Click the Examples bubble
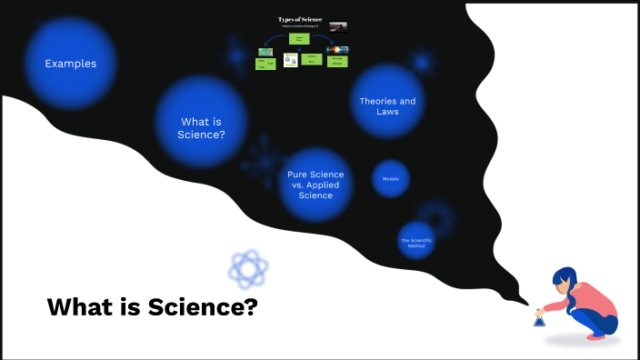click(x=70, y=64)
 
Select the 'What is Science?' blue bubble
click(x=202, y=127)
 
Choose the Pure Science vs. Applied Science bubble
click(x=315, y=184)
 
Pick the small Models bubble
click(x=391, y=179)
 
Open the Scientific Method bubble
click(x=416, y=242)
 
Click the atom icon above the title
click(x=248, y=268)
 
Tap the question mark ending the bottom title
click(x=251, y=307)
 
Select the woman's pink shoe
click(x=595, y=335)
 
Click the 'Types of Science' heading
click(x=300, y=19)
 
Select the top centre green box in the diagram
click(x=300, y=39)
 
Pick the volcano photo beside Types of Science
click(x=337, y=26)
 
